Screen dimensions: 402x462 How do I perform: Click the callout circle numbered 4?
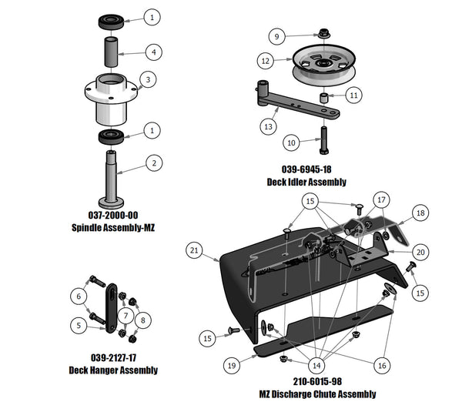[x=154, y=52]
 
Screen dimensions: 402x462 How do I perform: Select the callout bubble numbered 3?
[x=147, y=79]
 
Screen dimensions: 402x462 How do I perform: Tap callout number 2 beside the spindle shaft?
[x=154, y=162]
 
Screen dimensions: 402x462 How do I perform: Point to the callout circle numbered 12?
[x=265, y=59]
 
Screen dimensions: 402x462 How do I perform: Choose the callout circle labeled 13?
[x=269, y=126]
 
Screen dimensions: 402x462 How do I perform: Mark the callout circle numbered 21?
[x=196, y=250]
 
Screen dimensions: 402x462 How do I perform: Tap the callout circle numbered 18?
[x=420, y=213]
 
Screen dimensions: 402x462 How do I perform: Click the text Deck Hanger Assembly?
[x=113, y=370]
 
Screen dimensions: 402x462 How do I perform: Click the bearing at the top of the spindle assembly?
[x=112, y=21]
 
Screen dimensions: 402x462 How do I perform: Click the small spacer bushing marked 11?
[x=326, y=99]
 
